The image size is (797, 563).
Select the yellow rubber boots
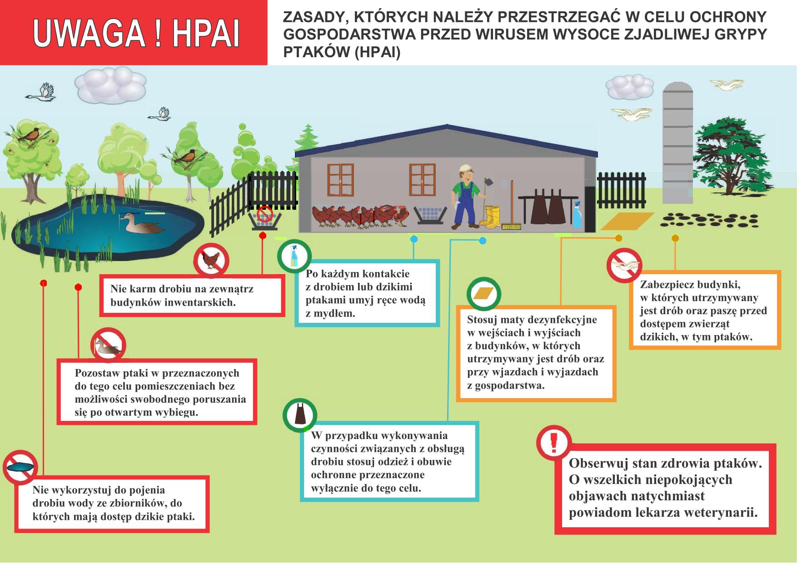coord(491,216)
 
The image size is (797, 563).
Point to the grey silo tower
coord(677,143)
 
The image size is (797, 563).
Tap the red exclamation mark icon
coord(553,443)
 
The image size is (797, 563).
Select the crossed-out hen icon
coord(211,261)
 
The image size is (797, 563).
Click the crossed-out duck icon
coord(108,346)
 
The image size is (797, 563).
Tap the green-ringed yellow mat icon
coord(484,294)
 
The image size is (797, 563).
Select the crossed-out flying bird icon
coord(624,265)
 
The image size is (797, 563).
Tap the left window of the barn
coord(340,180)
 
